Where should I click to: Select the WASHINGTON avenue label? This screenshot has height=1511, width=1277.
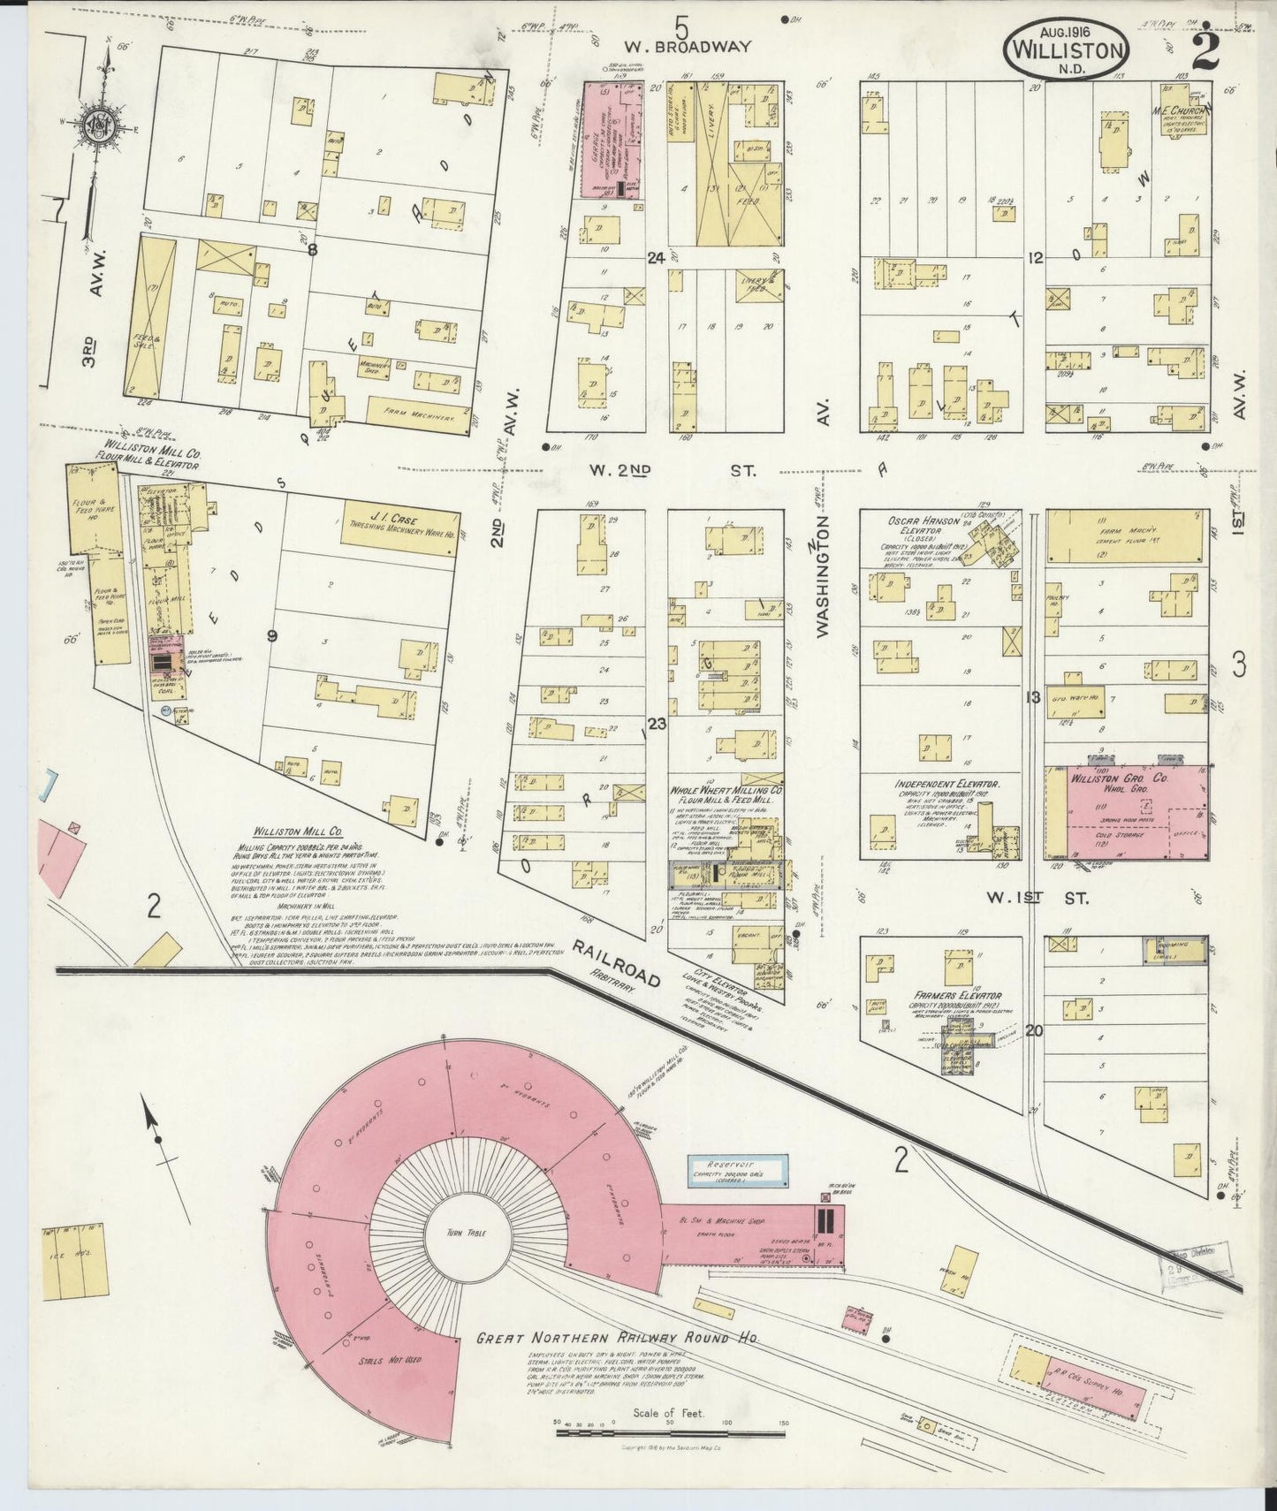pyautogui.click(x=822, y=576)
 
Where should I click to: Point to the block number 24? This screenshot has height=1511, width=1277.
pyautogui.click(x=655, y=258)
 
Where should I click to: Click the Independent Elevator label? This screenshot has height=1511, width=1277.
pyautogui.click(x=946, y=784)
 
